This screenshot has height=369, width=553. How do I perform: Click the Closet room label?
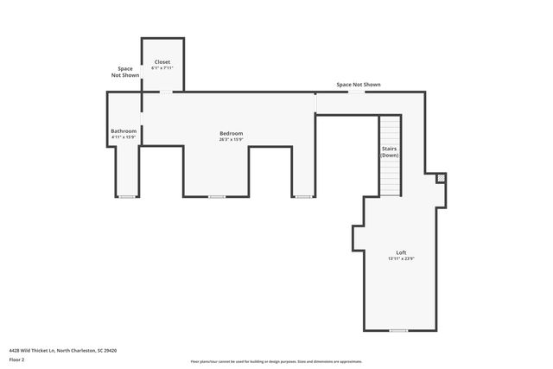coord(162,62)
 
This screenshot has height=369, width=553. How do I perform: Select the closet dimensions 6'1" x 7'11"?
coord(162,68)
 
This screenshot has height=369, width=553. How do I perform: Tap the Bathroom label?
coord(124,131)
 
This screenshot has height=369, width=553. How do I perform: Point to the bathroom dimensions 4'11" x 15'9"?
coord(124,137)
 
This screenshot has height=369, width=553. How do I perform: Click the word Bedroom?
coord(231,133)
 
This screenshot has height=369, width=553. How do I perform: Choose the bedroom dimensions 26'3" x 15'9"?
coord(231,139)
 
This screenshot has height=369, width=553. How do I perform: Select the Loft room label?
coord(401,252)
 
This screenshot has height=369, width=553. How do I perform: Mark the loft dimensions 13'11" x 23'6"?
coord(401,258)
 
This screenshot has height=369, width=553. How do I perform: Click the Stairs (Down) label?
coord(390,151)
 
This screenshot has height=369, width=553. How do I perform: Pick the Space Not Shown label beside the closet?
coord(125,72)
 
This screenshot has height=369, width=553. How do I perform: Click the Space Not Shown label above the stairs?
coord(358,85)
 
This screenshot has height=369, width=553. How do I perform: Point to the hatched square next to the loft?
coord(441,179)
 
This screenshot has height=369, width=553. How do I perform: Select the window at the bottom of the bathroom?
coord(127,197)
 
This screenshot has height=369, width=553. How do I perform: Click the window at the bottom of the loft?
coord(397,330)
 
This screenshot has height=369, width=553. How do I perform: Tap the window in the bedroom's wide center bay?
coord(216,197)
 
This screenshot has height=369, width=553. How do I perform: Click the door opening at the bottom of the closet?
coord(164,92)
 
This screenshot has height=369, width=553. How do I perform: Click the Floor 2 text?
coord(17,359)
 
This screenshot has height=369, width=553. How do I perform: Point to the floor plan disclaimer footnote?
coord(276,361)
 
